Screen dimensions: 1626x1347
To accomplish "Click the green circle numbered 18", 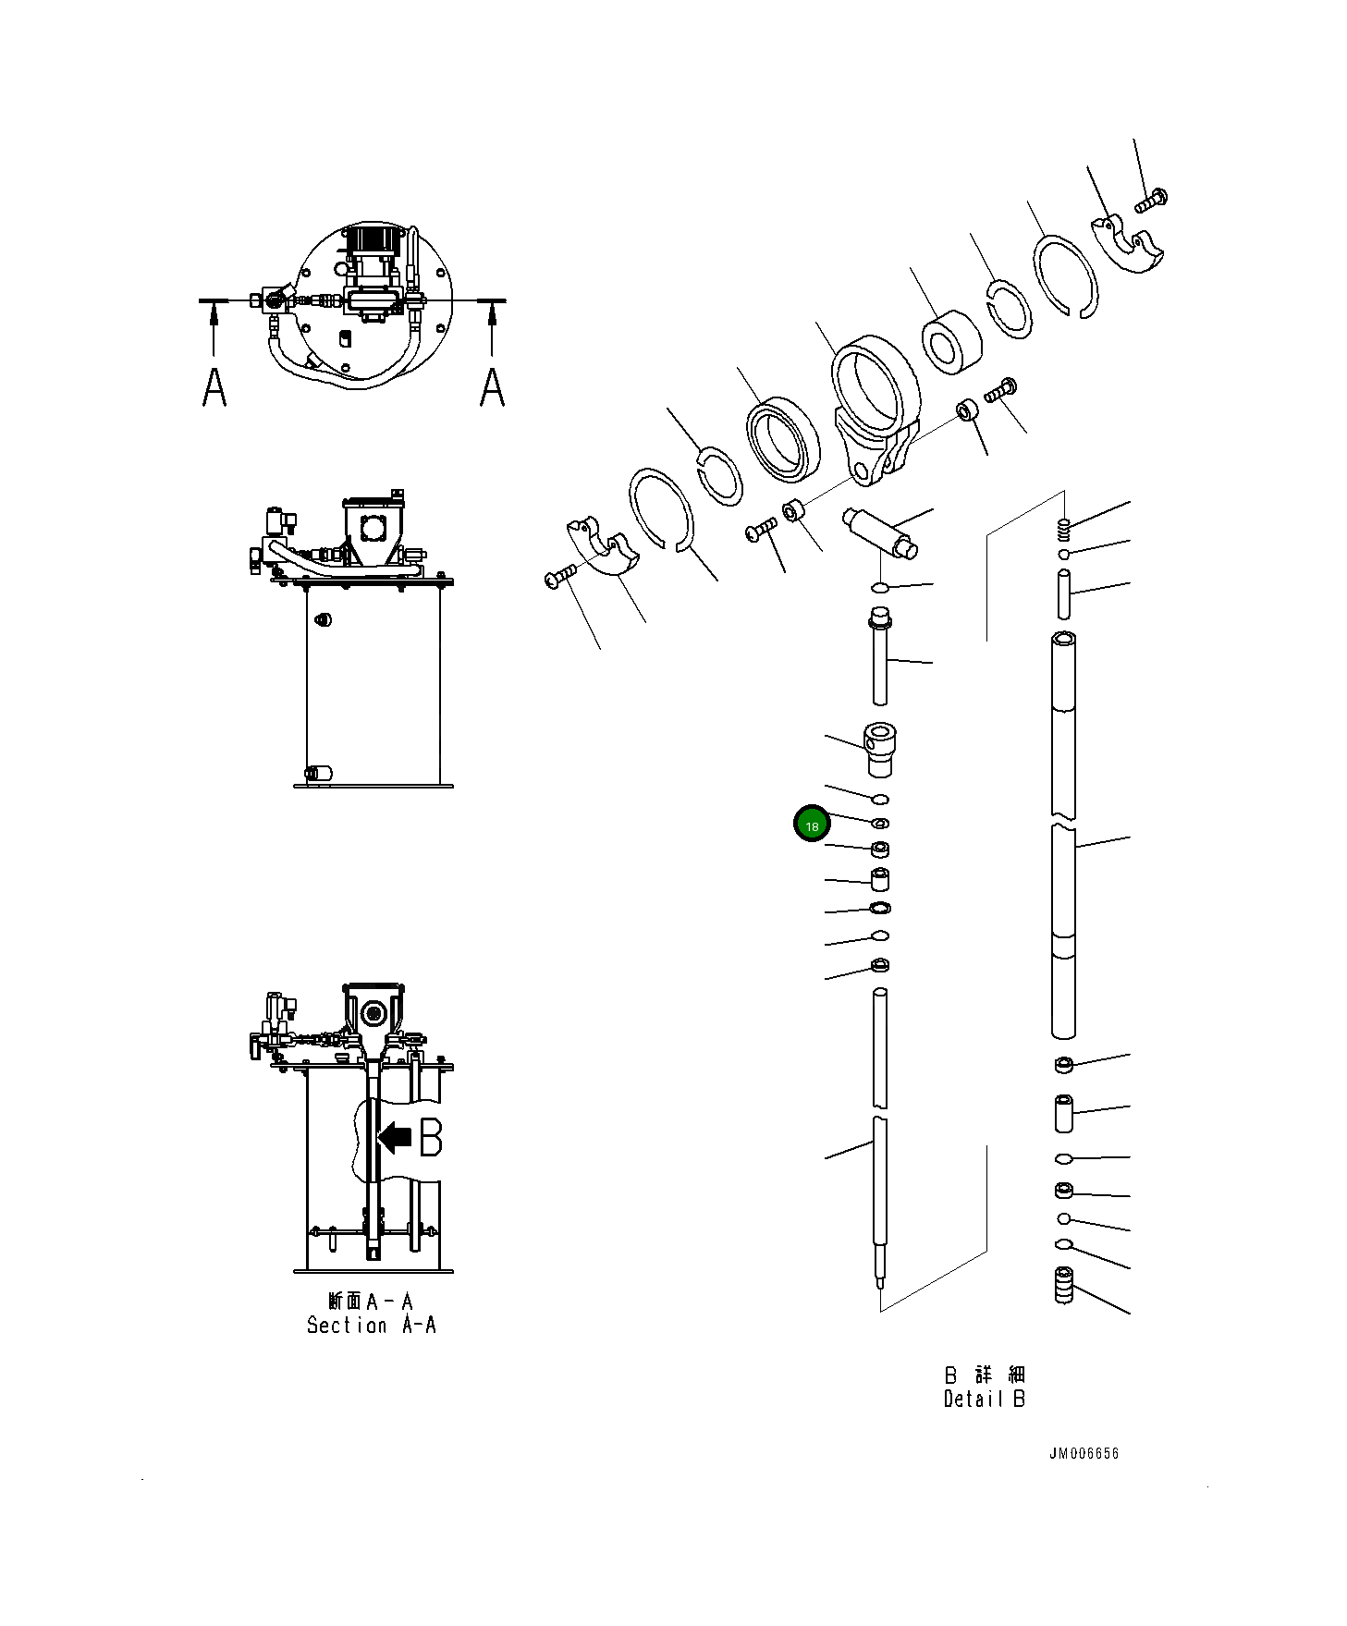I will pyautogui.click(x=812, y=825).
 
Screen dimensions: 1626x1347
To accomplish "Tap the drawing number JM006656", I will pyautogui.click(x=1083, y=1453).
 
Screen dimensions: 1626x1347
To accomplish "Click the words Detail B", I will pyautogui.click(x=984, y=1399).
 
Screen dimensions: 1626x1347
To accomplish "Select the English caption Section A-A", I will pyautogui.click(x=371, y=1325).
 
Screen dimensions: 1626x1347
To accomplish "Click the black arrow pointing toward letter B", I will pyautogui.click(x=396, y=1137).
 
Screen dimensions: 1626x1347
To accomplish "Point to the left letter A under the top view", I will pyautogui.click(x=214, y=386).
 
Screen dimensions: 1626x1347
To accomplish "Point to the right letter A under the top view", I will pyautogui.click(x=493, y=386).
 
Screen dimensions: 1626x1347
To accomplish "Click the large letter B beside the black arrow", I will pyautogui.click(x=431, y=1137).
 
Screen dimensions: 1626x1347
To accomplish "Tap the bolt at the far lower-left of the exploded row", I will pyautogui.click(x=560, y=577).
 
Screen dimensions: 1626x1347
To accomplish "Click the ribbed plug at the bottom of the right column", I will pyautogui.click(x=1064, y=1285).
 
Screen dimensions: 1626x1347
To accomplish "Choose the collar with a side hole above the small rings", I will pyautogui.click(x=879, y=750).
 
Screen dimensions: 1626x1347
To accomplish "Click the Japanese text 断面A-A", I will pyautogui.click(x=371, y=1302).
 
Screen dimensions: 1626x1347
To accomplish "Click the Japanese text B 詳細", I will pyautogui.click(x=985, y=1375).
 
